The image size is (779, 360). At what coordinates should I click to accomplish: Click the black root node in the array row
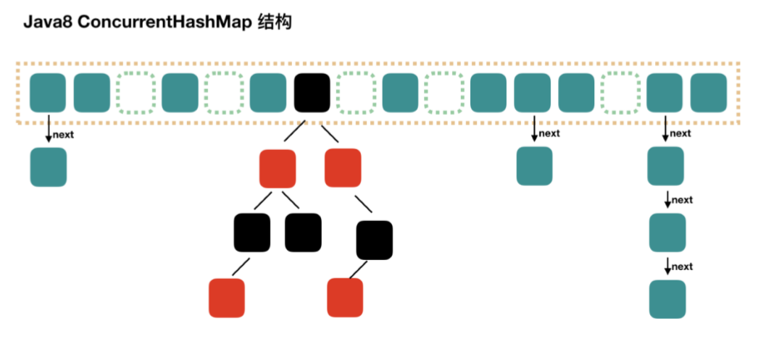pos(312,93)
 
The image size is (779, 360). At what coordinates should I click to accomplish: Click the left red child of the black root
pos(278,167)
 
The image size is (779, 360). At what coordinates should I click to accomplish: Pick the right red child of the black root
pos(343,167)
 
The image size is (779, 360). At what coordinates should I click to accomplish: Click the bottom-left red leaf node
pos(227,297)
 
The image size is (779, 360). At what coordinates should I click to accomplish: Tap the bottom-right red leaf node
pos(345,297)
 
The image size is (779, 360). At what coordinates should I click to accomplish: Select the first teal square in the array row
pos(48,93)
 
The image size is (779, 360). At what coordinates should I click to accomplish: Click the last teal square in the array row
pos(709,93)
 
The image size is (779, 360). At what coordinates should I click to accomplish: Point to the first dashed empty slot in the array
pos(136,93)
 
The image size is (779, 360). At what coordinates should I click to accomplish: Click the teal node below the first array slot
pos(48,167)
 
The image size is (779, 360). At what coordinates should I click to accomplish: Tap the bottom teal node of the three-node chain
pos(667,299)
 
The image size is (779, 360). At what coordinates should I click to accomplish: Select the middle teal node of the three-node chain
pos(667,233)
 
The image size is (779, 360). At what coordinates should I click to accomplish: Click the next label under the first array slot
pos(64,135)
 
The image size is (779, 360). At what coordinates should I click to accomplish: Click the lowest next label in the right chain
pos(682,267)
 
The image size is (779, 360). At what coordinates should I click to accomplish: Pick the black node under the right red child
pos(375,240)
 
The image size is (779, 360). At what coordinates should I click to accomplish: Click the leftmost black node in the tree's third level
pos(251,233)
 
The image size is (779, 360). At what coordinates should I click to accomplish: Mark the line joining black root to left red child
pos(293,132)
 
